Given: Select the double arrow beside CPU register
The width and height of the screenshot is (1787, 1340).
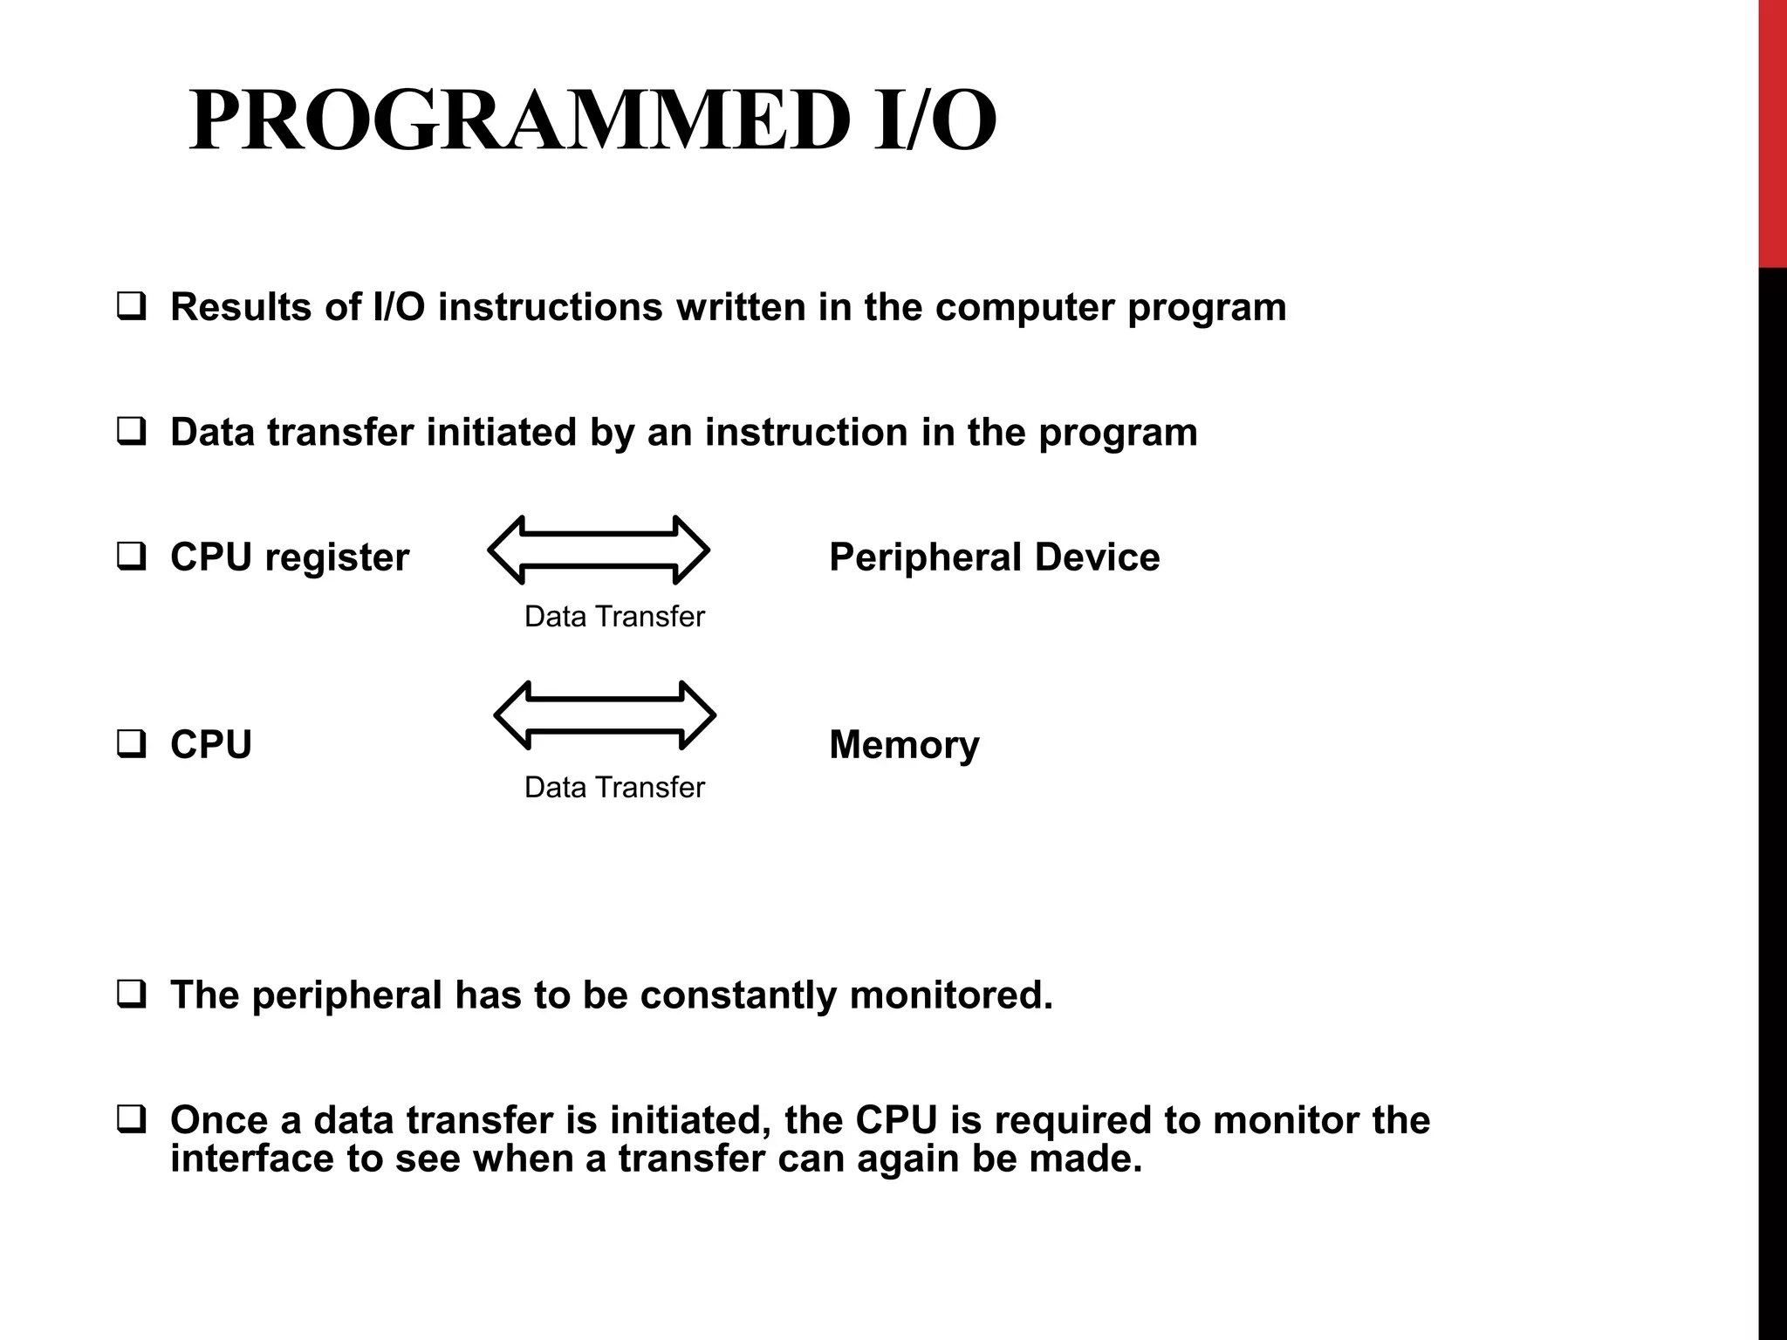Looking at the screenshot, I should tap(599, 550).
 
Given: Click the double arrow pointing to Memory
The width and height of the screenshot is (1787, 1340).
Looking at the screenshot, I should tap(605, 715).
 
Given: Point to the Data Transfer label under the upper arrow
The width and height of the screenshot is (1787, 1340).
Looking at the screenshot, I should tap(613, 617).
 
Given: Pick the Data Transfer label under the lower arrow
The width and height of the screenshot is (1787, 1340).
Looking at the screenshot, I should tap(613, 788).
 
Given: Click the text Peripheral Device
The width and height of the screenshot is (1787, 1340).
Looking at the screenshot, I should tap(994, 557).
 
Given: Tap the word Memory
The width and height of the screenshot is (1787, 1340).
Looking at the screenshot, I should tap(904, 745).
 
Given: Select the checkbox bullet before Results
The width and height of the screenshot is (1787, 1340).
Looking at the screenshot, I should tap(131, 306).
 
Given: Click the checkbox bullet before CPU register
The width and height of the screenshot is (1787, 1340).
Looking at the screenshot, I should tap(131, 557).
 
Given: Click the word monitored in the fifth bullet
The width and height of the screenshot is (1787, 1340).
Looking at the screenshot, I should tap(950, 995).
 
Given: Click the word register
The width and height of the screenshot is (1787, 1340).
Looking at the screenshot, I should tap(337, 558).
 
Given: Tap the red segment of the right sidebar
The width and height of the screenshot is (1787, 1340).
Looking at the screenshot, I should tap(1772, 131).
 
